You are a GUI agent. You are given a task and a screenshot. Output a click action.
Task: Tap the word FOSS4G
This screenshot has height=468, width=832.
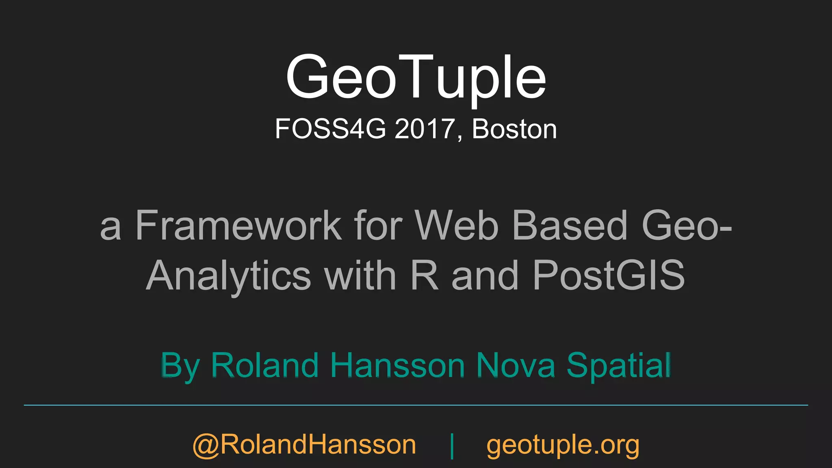pyautogui.click(x=330, y=129)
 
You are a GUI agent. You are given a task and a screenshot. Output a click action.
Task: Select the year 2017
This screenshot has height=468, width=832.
pyautogui.click(x=425, y=129)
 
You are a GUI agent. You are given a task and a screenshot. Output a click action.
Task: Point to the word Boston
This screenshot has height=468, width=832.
pyautogui.click(x=514, y=129)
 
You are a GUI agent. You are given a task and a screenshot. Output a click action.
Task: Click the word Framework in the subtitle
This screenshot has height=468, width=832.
pyautogui.click(x=238, y=226)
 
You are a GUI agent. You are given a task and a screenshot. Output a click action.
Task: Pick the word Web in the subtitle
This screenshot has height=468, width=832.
pyautogui.click(x=456, y=226)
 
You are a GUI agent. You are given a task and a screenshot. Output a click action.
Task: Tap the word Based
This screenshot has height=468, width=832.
pyautogui.click(x=570, y=226)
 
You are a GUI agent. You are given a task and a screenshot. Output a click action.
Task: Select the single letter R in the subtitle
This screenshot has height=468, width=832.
pyautogui.click(x=425, y=275)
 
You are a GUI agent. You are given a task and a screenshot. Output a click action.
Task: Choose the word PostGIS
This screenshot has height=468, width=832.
pyautogui.click(x=609, y=275)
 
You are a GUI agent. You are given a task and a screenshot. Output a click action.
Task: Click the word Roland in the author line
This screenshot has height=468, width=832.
pyautogui.click(x=264, y=365)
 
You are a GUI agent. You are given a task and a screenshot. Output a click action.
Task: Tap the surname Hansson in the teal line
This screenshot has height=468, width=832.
pyautogui.click(x=397, y=365)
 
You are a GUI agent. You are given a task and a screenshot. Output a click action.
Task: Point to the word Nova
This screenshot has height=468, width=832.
pyautogui.click(x=516, y=365)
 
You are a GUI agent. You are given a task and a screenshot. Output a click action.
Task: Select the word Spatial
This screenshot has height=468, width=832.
pyautogui.click(x=618, y=365)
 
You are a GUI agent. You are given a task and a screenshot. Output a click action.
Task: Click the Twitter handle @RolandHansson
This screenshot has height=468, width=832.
pyautogui.click(x=304, y=445)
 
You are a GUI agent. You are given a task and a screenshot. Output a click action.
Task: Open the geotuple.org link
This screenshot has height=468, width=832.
pyautogui.click(x=563, y=445)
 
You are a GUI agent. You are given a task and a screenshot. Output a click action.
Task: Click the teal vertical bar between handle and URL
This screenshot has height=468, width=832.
pyautogui.click(x=452, y=446)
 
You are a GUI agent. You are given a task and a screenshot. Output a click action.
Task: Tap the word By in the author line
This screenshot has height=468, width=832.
pyautogui.click(x=180, y=366)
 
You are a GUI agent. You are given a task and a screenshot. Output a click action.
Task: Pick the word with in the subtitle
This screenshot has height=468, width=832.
pyautogui.click(x=360, y=275)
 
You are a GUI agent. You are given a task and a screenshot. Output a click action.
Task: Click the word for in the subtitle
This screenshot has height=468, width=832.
pyautogui.click(x=378, y=226)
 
